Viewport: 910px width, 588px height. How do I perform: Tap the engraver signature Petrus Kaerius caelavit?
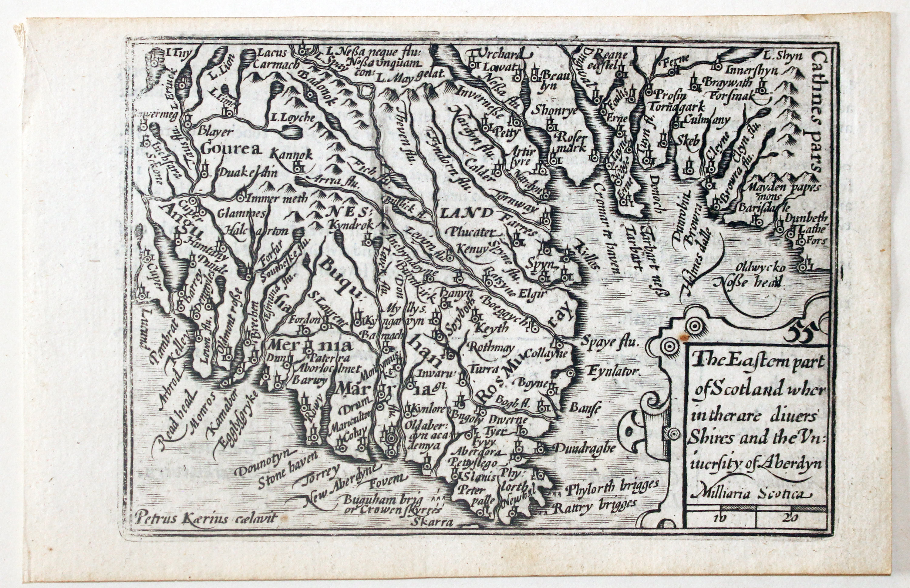click(204, 518)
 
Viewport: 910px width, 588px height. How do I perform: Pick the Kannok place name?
click(291, 155)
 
